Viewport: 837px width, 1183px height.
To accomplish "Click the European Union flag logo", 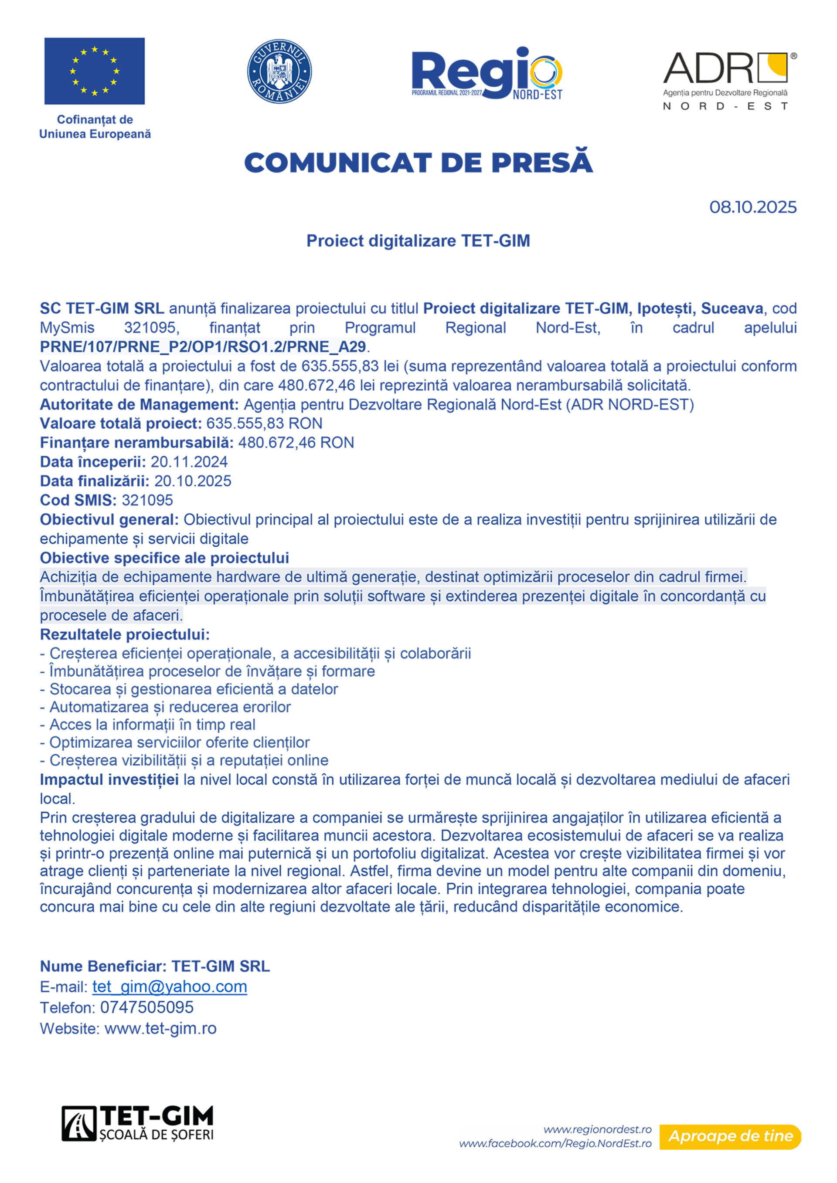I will [x=94, y=71].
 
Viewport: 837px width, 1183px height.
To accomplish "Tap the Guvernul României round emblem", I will [x=279, y=71].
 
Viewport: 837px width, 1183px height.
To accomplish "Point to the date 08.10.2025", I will [x=752, y=207].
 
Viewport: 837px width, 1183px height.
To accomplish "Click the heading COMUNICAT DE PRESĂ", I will [x=418, y=163].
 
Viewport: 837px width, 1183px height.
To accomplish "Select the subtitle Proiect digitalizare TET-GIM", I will [x=418, y=241].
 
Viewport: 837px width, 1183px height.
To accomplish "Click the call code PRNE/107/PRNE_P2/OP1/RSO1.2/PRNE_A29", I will [x=203, y=347].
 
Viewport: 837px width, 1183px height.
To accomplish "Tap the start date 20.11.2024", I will [x=189, y=462].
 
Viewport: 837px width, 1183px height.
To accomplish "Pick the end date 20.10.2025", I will [x=193, y=481].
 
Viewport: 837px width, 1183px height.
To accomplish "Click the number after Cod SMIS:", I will [x=147, y=500].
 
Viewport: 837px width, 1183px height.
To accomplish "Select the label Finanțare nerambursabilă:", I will [x=136, y=443].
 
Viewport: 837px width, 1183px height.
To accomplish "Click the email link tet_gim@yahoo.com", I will [x=170, y=986].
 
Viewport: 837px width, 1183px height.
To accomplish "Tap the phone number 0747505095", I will [x=147, y=1007].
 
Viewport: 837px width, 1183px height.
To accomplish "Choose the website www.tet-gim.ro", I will [x=160, y=1028].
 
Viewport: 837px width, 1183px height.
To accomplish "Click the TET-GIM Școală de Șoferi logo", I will [x=138, y=1123].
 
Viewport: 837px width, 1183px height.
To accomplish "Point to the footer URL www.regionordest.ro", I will [x=597, y=1129].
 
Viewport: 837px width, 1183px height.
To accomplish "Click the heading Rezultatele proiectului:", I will [x=125, y=634].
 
